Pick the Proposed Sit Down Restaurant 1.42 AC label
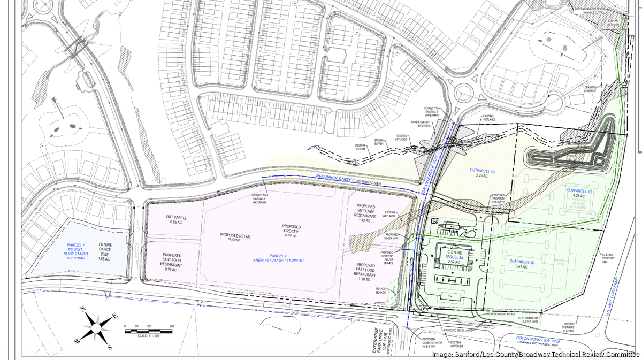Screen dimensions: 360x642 pos(366,213)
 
